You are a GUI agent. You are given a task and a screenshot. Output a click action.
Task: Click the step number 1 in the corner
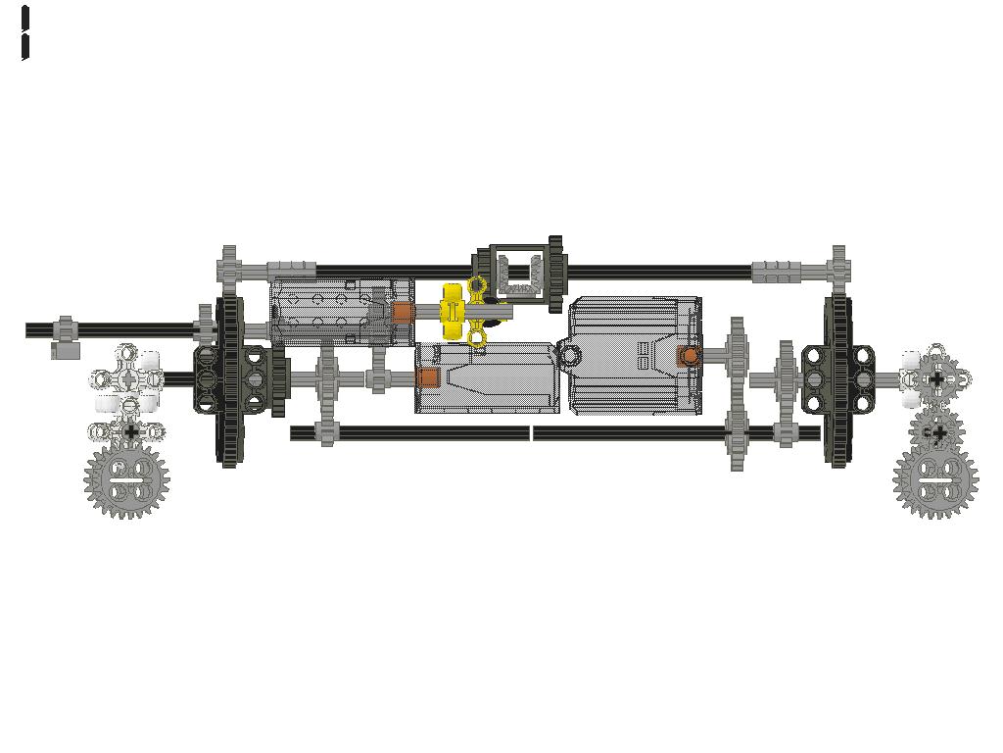pos(24,33)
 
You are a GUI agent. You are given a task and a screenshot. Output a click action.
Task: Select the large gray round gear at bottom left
pos(126,481)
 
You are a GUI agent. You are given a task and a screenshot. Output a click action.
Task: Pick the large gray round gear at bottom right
pos(935,481)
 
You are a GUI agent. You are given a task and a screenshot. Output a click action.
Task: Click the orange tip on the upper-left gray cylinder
pos(403,313)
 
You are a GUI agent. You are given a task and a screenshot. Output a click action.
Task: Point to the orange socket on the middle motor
pos(428,377)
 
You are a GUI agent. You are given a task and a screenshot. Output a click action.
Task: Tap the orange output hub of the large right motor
pos(689,355)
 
